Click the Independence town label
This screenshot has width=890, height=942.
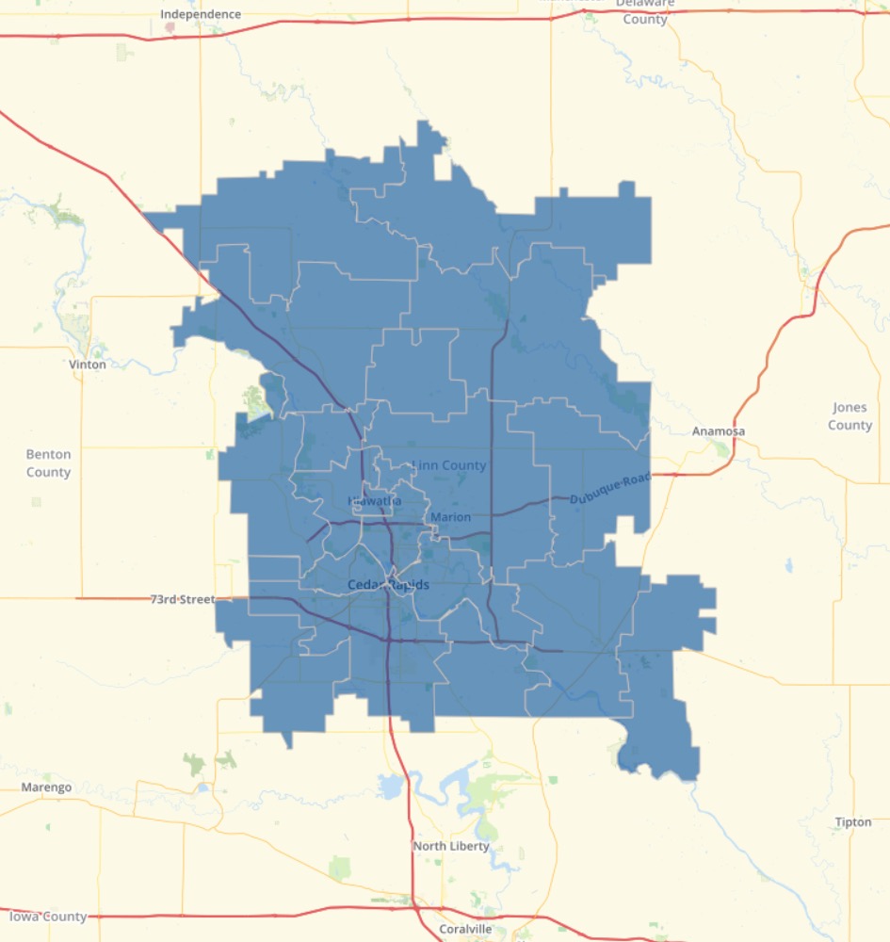[x=201, y=14]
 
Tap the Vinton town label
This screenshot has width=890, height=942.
[x=88, y=364]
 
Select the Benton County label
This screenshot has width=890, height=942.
[x=48, y=463]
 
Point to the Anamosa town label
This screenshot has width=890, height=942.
[x=719, y=431]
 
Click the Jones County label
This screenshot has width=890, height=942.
[x=850, y=416]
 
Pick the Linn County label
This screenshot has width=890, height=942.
[x=449, y=465]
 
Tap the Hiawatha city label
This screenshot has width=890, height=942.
[x=374, y=501]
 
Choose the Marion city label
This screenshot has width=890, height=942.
[x=450, y=517]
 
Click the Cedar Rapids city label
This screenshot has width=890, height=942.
[x=388, y=585]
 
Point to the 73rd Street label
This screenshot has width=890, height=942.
[x=183, y=599]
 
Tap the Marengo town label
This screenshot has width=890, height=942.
[x=46, y=788]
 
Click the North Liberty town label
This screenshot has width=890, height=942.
[x=451, y=846]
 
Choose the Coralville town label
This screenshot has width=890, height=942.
[x=465, y=929]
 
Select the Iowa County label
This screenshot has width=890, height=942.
[x=48, y=917]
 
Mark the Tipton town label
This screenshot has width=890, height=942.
[x=852, y=822]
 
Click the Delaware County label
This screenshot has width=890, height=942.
[x=644, y=11]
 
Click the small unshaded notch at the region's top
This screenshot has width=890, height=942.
[x=442, y=167]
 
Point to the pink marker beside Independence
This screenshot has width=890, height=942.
[x=170, y=28]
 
